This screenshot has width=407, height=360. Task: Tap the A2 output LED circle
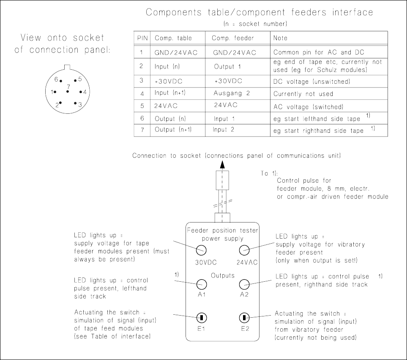coord(244,284)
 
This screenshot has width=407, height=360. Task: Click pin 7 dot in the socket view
coord(68,91)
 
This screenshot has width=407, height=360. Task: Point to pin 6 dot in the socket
coord(61,81)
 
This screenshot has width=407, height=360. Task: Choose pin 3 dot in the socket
coord(75,103)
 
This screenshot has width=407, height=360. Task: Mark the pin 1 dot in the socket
coord(55,92)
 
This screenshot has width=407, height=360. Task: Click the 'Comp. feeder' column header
coord(233,38)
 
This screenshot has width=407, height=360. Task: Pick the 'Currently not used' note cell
coord(303,93)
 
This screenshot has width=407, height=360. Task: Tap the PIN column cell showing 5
coord(142,105)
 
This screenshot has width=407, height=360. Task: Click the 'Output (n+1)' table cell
coord(173,129)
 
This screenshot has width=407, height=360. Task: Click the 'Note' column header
coord(280,38)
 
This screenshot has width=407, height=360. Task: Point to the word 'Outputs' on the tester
coord(223,275)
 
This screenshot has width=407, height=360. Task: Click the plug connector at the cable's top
coord(222,180)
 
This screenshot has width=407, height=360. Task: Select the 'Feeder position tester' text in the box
coord(222,230)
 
